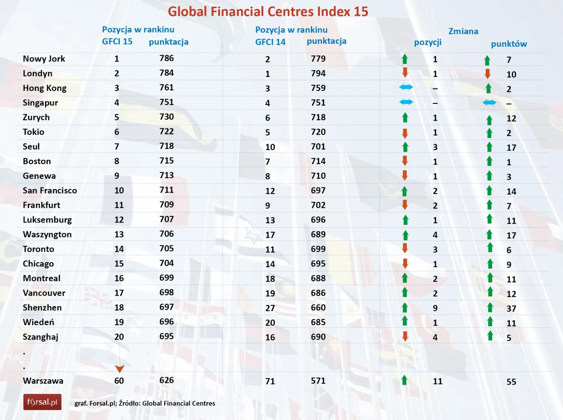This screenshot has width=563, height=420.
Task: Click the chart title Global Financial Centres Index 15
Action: tap(268, 12)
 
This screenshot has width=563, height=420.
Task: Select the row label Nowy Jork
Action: tap(44, 59)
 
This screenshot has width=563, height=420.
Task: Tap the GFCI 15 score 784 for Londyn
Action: tap(166, 73)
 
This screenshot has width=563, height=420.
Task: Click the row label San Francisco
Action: tap(50, 190)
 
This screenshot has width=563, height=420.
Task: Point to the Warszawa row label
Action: tap(43, 381)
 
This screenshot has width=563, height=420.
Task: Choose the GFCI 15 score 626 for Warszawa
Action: tap(166, 380)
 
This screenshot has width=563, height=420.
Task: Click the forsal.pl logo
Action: tap(42, 402)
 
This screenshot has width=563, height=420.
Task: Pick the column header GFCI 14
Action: tap(270, 42)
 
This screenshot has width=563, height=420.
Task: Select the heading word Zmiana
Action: tap(463, 31)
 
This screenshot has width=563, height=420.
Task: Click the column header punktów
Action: tap(509, 44)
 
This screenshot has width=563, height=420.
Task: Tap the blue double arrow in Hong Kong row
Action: tap(406, 87)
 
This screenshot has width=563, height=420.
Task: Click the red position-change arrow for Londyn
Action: tap(405, 73)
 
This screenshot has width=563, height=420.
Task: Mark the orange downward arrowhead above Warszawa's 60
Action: tap(119, 369)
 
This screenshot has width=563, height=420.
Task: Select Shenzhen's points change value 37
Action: tap(511, 309)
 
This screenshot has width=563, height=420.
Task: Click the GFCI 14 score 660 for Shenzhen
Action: tap(318, 308)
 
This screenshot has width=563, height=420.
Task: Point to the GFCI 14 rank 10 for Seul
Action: tap(270, 147)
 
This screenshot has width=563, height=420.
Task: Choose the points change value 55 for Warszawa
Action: tap(511, 382)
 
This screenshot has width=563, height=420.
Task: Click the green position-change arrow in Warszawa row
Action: tap(405, 380)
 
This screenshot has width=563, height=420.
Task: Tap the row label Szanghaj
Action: tap(41, 337)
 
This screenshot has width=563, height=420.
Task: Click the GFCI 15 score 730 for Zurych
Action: tap(166, 117)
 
